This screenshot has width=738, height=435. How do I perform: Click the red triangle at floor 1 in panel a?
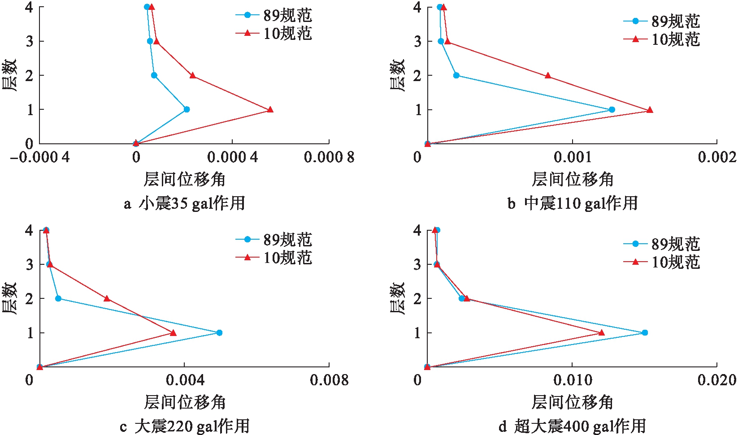point(270,109)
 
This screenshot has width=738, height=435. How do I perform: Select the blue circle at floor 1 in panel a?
point(187,109)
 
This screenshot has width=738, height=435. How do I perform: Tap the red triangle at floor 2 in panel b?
point(548,76)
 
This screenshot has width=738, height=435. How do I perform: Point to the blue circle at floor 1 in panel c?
point(219,332)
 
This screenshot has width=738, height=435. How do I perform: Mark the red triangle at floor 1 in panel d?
point(601,332)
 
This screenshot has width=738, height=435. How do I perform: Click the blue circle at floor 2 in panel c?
point(58,298)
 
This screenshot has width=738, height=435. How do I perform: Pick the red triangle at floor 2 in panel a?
point(193,75)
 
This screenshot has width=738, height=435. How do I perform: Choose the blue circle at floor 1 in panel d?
point(645,332)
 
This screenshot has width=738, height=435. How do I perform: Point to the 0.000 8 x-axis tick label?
point(329,157)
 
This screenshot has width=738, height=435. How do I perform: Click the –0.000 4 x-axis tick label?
point(39,157)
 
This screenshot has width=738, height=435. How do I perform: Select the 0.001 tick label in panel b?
point(573,157)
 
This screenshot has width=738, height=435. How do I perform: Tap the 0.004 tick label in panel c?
point(185,380)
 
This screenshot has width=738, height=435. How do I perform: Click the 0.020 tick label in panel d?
point(716,380)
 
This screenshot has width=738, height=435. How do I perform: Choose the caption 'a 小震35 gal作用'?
point(185,203)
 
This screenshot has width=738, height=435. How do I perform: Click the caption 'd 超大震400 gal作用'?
point(573,426)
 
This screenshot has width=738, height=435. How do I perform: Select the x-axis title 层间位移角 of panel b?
point(573,179)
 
